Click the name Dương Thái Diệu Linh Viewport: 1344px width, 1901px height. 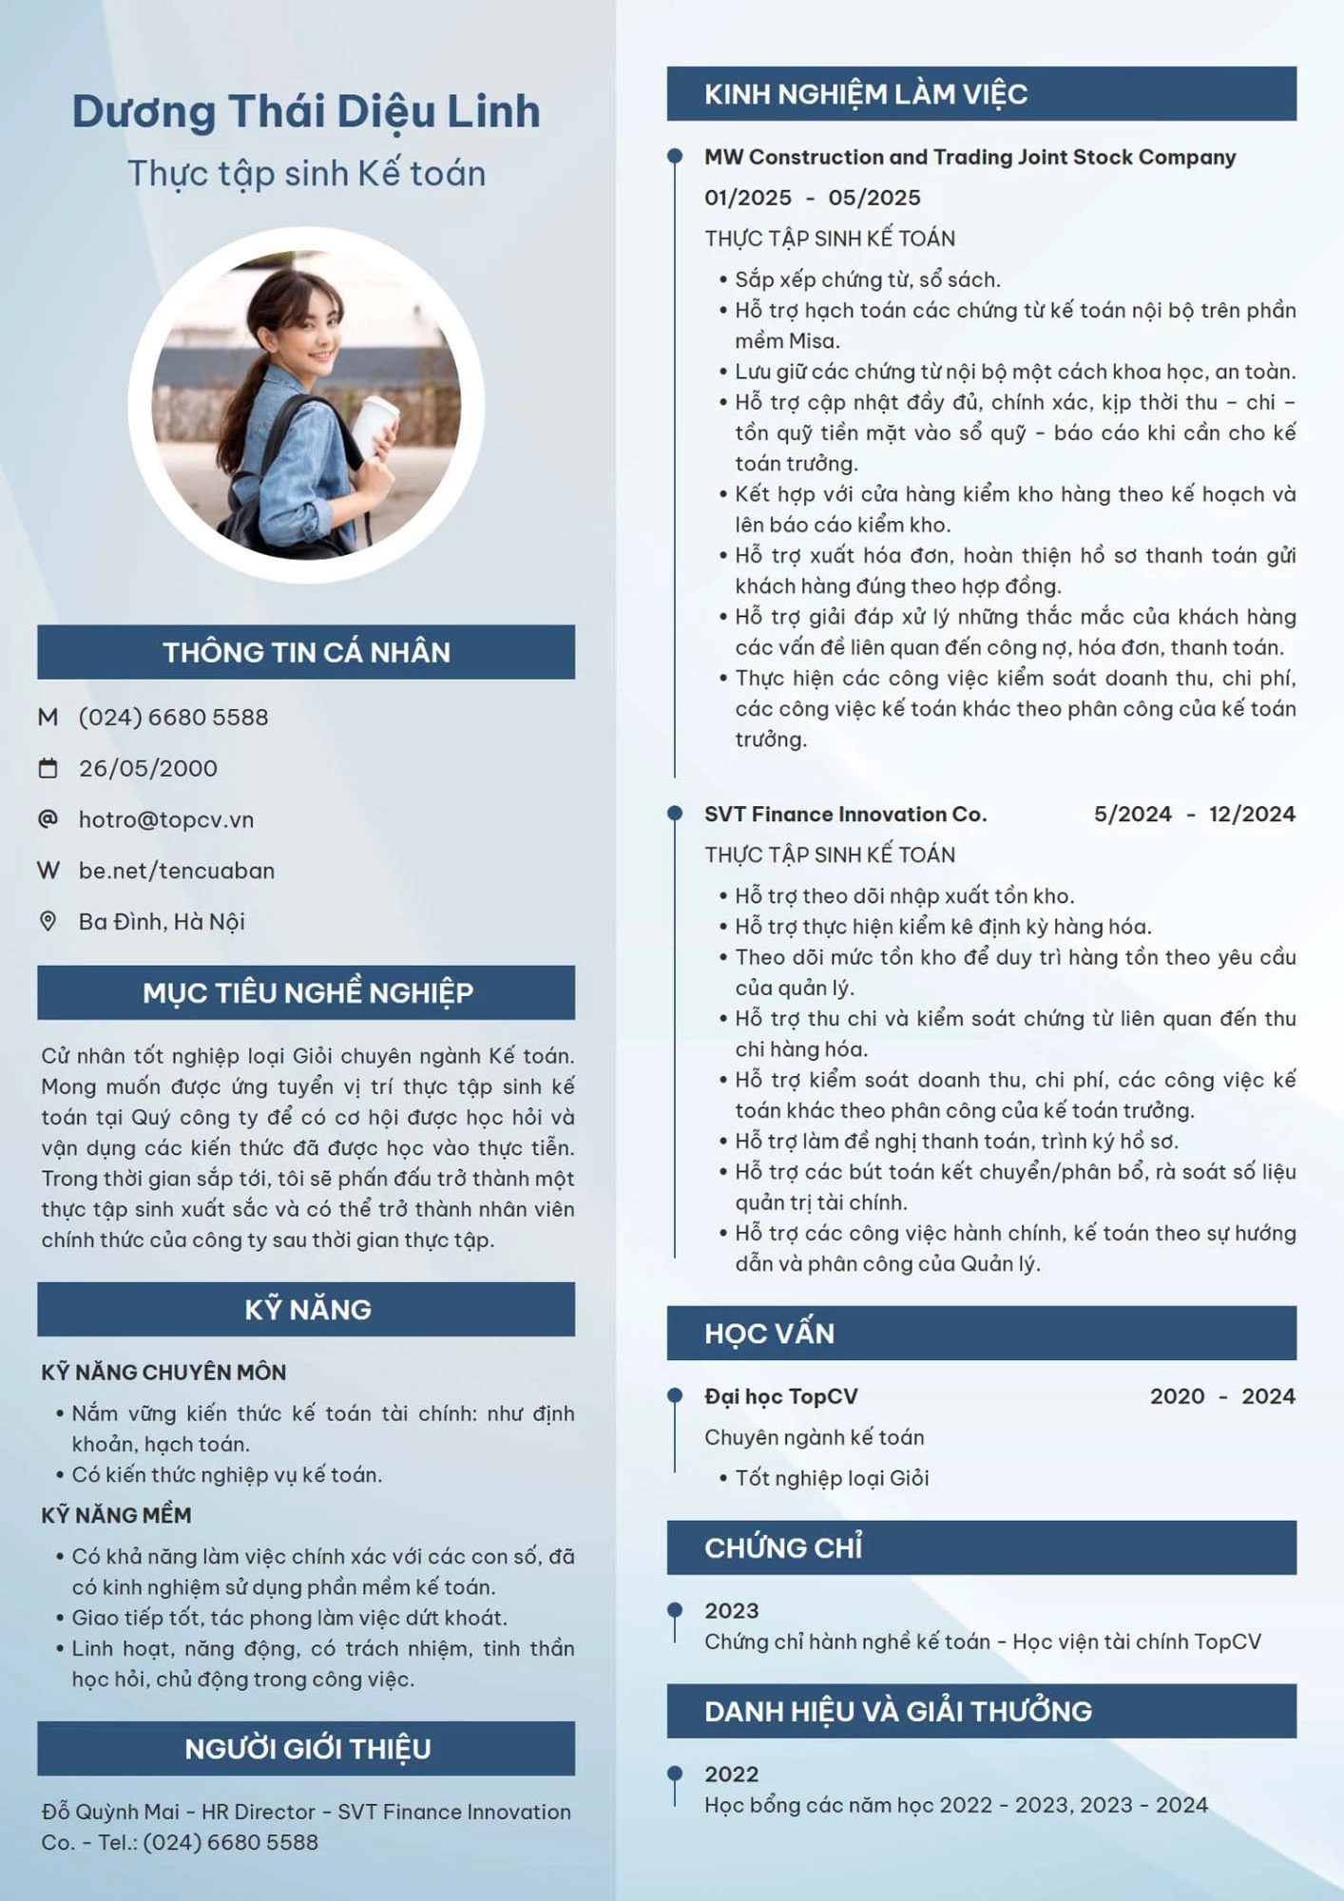(306, 111)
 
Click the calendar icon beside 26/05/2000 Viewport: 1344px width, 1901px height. (48, 768)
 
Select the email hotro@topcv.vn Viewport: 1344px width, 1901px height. (166, 819)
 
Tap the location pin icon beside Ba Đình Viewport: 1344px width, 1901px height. (48, 921)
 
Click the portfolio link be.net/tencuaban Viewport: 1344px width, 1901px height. (177, 871)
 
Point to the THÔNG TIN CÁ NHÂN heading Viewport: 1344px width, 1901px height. (306, 652)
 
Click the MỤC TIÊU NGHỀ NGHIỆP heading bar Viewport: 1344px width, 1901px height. (306, 992)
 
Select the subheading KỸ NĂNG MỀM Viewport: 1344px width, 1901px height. (116, 1515)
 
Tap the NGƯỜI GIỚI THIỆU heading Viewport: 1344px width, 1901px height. (306, 1748)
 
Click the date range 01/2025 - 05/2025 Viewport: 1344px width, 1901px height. (812, 198)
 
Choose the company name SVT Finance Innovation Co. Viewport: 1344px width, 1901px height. (845, 814)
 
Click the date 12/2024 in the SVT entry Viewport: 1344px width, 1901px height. (1251, 814)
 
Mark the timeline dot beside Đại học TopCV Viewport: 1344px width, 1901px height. (675, 1395)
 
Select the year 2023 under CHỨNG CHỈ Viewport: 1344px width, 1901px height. (731, 1610)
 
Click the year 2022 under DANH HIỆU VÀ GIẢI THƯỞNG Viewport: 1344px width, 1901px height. (731, 1774)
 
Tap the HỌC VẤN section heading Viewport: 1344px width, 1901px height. (769, 1333)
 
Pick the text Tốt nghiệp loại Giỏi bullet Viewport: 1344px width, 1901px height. (832, 1478)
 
